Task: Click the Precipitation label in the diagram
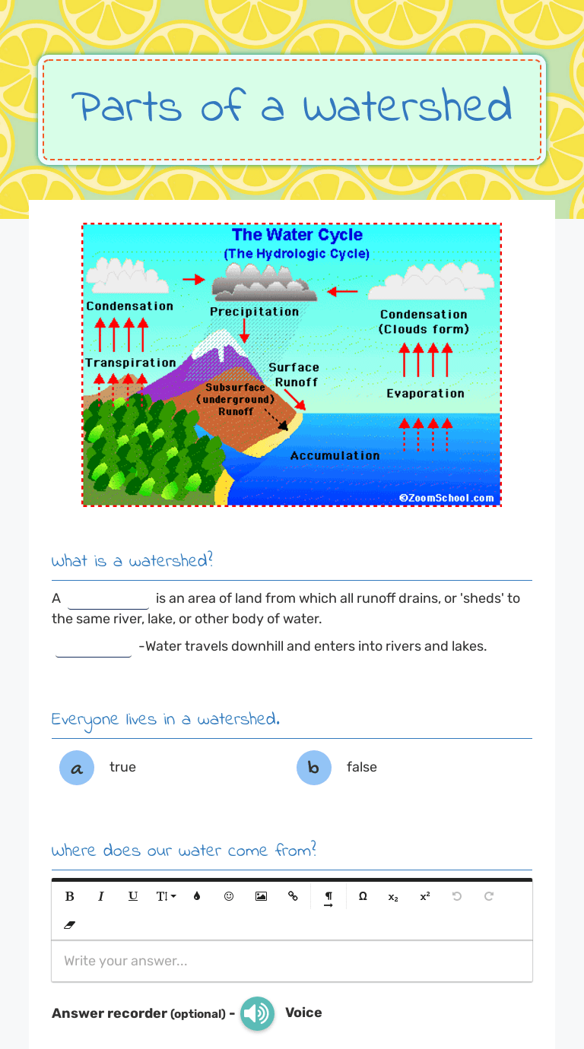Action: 255,312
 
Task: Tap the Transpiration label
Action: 130,363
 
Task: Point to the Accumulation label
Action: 335,455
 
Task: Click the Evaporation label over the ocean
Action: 425,393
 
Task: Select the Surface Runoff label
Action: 294,375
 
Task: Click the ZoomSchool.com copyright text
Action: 446,499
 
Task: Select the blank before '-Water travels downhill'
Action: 93,647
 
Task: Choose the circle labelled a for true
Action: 76,768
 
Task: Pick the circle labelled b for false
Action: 313,768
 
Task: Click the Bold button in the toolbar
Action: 70,896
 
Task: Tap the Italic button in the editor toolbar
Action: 101,896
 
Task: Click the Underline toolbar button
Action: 133,896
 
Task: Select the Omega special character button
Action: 363,896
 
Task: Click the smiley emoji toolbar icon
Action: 229,896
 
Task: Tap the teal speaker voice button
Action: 257,1013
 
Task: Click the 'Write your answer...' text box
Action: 292,961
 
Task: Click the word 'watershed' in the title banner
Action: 407,106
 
